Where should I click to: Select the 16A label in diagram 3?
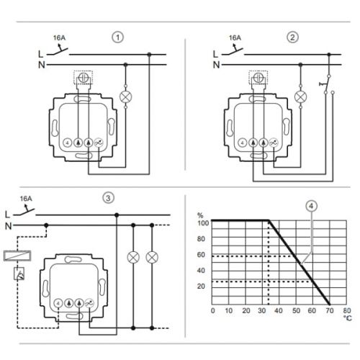[x=27, y=198]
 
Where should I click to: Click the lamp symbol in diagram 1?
[x=126, y=94]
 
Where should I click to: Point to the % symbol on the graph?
[x=202, y=214]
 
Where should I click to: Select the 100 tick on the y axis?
[x=202, y=223]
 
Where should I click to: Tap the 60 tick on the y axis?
[x=202, y=255]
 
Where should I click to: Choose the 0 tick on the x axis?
[x=212, y=310]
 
